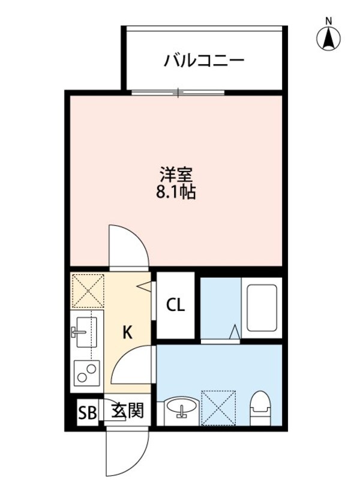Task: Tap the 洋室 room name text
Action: pyautogui.click(x=176, y=175)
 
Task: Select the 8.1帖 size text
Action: pyautogui.click(x=176, y=193)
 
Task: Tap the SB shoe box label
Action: pyautogui.click(x=87, y=412)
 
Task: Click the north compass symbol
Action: pyautogui.click(x=328, y=39)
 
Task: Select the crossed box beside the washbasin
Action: pyautogui.click(x=218, y=408)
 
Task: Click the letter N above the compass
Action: pyautogui.click(x=328, y=22)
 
